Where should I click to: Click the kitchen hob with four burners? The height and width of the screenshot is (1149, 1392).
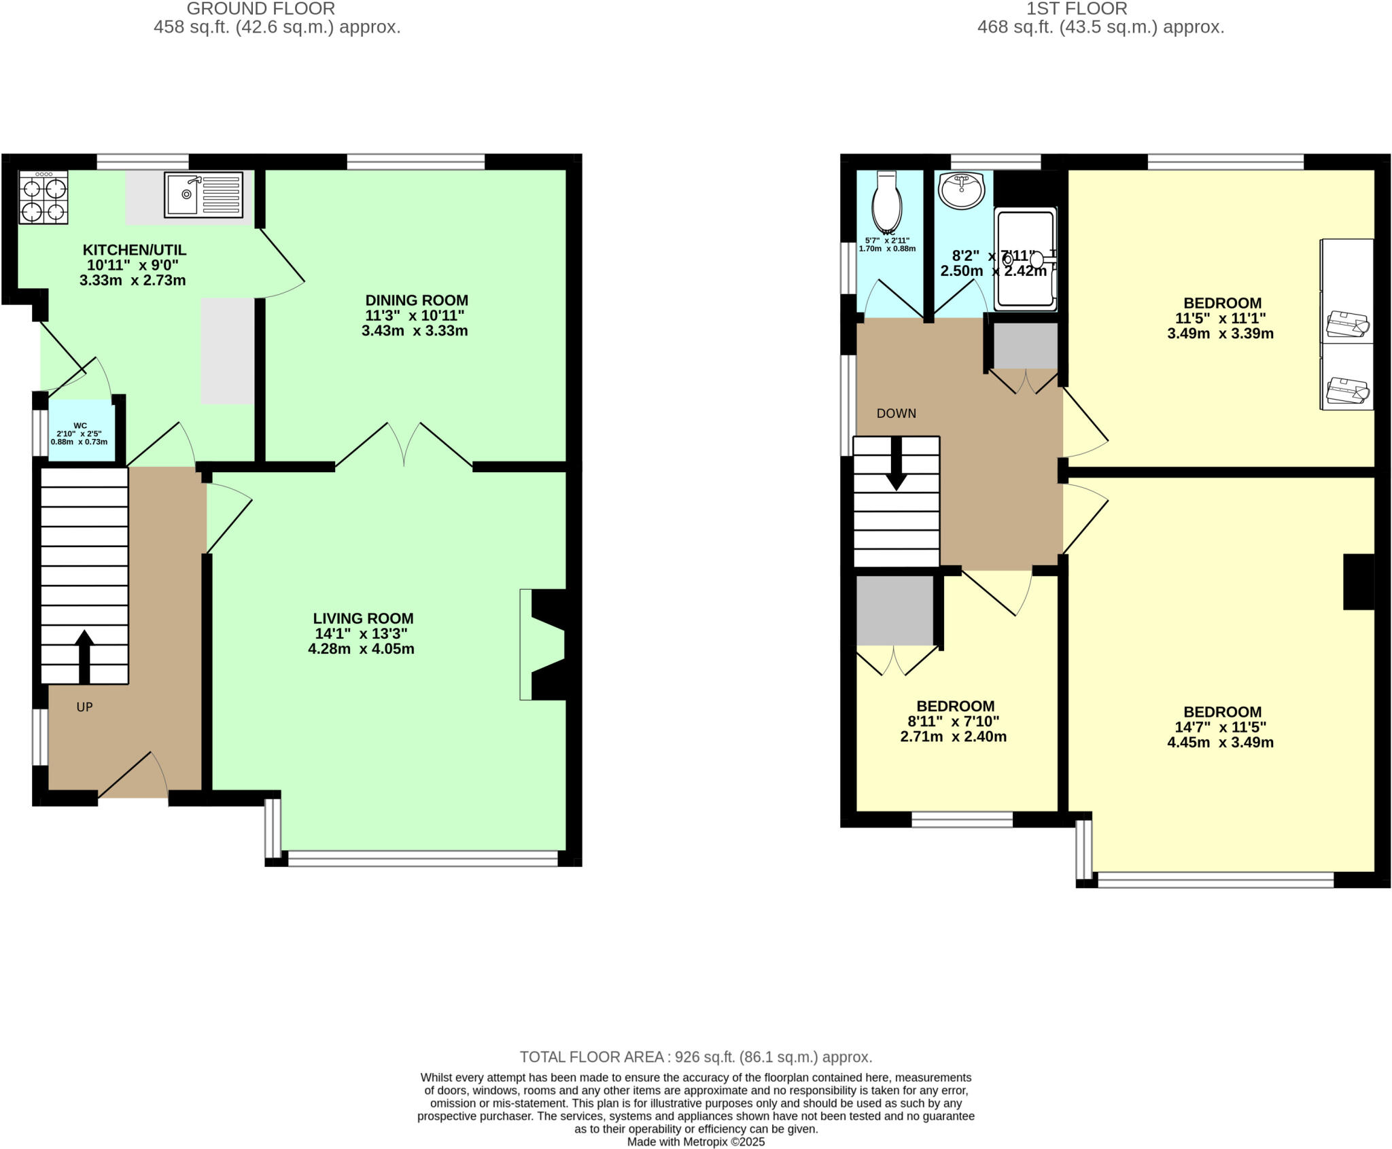click(43, 198)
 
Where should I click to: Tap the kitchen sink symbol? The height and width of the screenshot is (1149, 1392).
click(203, 194)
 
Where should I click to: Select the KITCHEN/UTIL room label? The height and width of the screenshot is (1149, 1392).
click(134, 250)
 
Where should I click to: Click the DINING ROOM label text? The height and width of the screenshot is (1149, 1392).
click(416, 300)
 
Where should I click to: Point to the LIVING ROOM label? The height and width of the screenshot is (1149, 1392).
click(363, 618)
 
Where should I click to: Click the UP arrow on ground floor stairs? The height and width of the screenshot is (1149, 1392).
click(84, 656)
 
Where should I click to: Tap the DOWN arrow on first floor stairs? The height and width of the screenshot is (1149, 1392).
click(897, 464)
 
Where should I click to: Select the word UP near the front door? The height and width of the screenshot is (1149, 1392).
click(84, 707)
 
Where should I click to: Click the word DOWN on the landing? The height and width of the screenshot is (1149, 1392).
click(896, 414)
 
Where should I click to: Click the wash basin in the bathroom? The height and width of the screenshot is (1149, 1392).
click(961, 190)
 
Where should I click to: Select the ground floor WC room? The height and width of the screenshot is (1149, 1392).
click(81, 431)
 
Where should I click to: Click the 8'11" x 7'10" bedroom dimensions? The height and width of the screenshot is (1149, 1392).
click(953, 722)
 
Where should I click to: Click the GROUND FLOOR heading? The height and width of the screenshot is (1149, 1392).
click(260, 9)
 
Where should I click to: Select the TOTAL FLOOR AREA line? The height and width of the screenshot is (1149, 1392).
click(695, 1057)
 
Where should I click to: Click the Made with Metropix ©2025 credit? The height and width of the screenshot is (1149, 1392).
click(695, 1142)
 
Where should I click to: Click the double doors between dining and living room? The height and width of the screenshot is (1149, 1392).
click(404, 445)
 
